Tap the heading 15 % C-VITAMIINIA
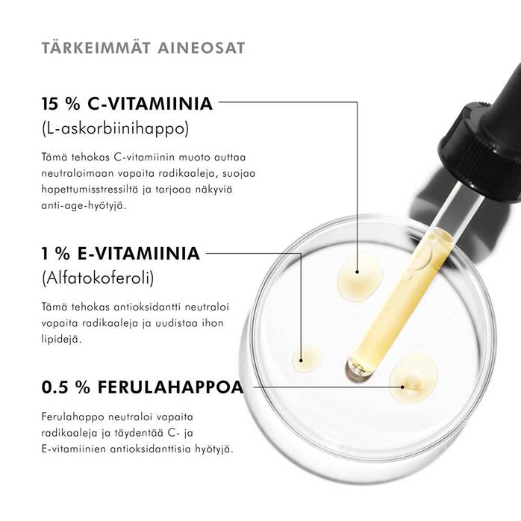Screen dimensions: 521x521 [x=128, y=104]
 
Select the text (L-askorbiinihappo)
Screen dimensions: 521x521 [x=116, y=129]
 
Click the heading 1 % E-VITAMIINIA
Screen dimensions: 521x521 [x=120, y=254]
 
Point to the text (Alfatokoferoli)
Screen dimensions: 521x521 [x=98, y=279]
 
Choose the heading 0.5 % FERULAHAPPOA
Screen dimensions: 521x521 [x=143, y=388]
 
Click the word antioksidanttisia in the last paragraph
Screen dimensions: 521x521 [x=156, y=449]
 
